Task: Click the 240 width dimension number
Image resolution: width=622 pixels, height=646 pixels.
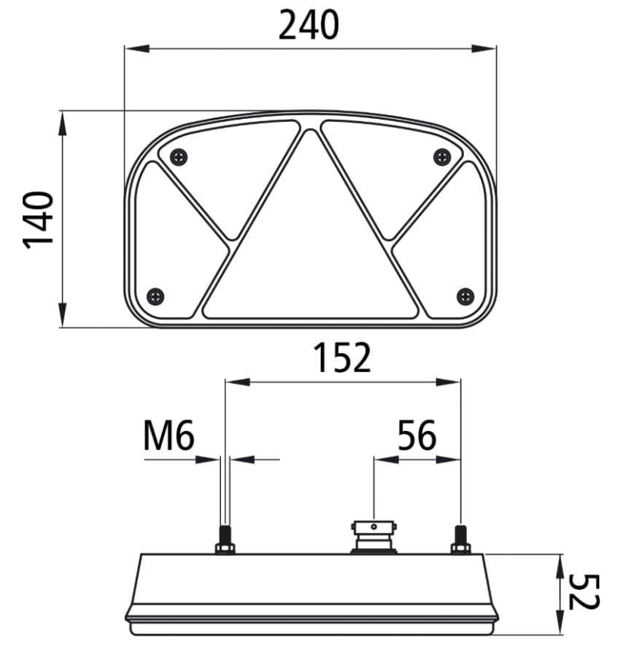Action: tap(309, 25)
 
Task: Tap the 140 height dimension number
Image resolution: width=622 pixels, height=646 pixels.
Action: tap(38, 220)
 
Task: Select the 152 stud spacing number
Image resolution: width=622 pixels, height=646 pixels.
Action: tap(342, 357)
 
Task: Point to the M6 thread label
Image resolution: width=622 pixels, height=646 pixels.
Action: tap(169, 435)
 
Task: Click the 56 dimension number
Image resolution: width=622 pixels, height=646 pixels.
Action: tap(417, 435)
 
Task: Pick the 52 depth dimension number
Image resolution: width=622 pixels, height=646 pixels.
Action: tap(583, 592)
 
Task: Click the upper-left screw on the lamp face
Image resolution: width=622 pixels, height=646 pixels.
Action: tap(179, 157)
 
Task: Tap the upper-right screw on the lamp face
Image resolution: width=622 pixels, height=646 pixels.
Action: tap(442, 157)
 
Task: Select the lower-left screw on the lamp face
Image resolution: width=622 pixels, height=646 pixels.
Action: tap(156, 296)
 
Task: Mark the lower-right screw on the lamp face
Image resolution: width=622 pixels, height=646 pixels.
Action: tap(465, 296)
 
